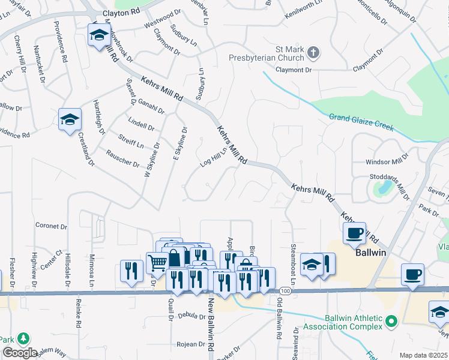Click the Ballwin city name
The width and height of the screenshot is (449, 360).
(x=370, y=253)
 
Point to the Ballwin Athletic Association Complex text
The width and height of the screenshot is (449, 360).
(x=343, y=322)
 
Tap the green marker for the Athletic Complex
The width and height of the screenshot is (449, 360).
(x=391, y=322)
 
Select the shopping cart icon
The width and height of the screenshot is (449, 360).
(x=157, y=262)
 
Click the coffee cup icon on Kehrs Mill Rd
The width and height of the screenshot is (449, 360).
(x=354, y=233)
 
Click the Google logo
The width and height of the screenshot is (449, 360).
(x=20, y=353)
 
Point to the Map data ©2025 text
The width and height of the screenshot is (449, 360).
(x=423, y=355)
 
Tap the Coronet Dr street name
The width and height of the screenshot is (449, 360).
(x=51, y=226)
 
